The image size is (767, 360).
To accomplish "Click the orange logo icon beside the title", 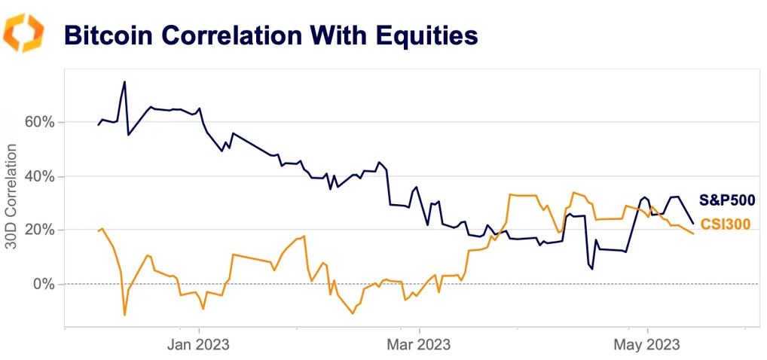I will tap(23, 33).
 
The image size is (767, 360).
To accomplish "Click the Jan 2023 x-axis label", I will tap(199, 345).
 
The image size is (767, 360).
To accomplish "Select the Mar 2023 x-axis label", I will tap(419, 345).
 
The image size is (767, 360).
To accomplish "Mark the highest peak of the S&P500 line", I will tap(124, 81).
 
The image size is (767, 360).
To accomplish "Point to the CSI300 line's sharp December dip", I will tap(124, 315).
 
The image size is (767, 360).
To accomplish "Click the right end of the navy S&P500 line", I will tap(693, 224).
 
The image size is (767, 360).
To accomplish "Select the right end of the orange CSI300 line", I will tap(693, 233).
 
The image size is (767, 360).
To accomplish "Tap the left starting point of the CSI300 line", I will tap(99, 231).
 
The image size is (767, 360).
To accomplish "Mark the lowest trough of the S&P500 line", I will tap(592, 269).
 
